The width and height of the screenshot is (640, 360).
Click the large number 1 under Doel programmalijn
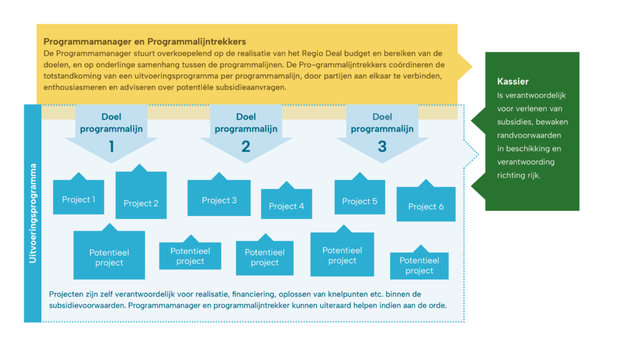111,147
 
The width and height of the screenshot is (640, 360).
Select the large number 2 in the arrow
246,147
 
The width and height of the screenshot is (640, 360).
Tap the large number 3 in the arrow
382,147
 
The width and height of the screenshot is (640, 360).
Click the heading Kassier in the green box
513,81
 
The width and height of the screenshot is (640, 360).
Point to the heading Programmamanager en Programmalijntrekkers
144,42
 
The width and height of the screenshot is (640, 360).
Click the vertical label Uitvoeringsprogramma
33,213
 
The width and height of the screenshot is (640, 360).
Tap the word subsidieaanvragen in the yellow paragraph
249,87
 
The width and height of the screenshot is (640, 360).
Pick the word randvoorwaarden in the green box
529,135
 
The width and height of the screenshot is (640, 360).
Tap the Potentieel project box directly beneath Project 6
419,266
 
